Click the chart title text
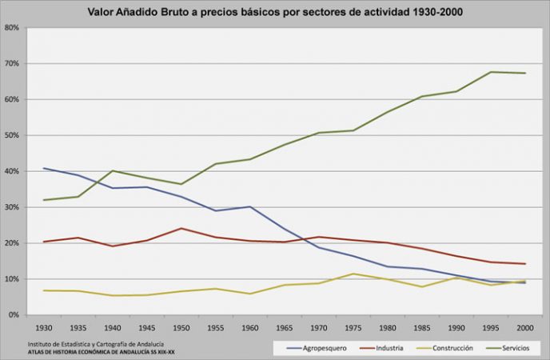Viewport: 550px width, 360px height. coord(275,12)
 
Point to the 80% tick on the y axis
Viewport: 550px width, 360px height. coord(11,27)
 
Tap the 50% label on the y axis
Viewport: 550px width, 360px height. coord(11,135)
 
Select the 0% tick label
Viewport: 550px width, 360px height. coord(14,314)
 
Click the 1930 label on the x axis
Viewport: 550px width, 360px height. coord(44,328)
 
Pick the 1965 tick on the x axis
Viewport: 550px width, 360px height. coord(285,328)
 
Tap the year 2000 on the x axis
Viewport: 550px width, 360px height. coord(525,328)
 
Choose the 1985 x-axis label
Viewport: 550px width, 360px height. coord(422,328)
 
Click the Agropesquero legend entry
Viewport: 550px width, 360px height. coord(317,348)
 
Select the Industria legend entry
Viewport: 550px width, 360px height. coord(381,348)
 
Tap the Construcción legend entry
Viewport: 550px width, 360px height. coord(444,348)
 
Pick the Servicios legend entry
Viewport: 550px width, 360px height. coord(508,348)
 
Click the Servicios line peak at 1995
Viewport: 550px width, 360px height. coord(491,72)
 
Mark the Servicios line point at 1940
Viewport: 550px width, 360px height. coord(113,170)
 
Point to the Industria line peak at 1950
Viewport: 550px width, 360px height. coord(181,228)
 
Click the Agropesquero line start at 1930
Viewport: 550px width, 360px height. coord(44,168)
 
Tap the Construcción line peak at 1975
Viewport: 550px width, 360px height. coord(353,274)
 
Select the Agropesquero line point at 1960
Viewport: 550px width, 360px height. coord(250,206)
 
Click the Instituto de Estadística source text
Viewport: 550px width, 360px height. coord(96,344)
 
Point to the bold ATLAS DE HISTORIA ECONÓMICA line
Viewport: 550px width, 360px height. coord(101,351)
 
